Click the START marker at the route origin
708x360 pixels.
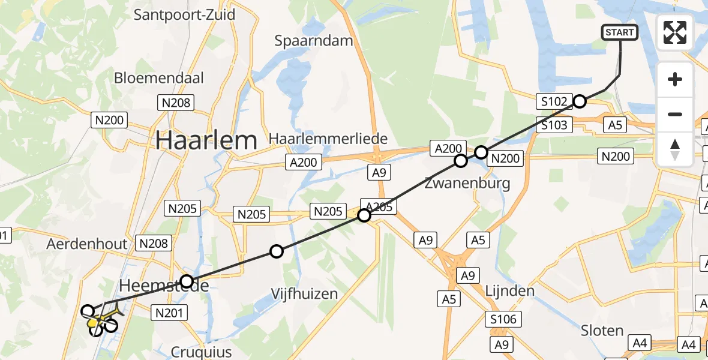point(620,32)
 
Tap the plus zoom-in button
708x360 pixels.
point(675,79)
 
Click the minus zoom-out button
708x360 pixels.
point(675,114)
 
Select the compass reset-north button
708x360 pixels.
point(675,149)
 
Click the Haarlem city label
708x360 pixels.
point(206,140)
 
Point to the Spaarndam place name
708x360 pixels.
point(314,41)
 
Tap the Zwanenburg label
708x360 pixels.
point(467,183)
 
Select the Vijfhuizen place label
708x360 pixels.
point(304,294)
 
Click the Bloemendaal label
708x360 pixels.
point(159,78)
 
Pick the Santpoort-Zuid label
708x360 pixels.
point(184,14)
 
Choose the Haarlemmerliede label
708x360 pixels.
point(328,138)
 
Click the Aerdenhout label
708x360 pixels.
point(87,244)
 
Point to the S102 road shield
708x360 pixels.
point(553,101)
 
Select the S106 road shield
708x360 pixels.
point(503,319)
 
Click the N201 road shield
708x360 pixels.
point(172,312)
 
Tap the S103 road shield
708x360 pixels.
point(554,125)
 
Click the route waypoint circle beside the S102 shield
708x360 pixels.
point(579,101)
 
